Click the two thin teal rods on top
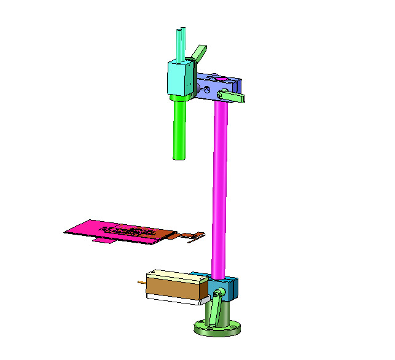[181, 43]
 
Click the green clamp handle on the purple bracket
[233, 96]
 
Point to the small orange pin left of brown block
[142, 283]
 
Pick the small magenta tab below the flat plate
[104, 241]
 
